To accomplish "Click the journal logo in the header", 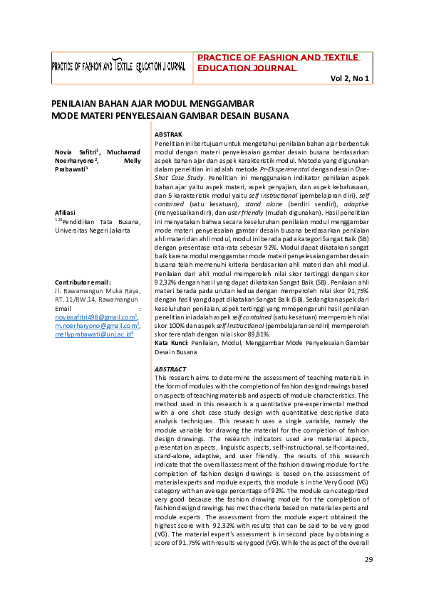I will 118,66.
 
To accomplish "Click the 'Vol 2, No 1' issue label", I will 349,78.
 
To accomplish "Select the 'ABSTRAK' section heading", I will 168,134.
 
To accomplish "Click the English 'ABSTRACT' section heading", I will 170,369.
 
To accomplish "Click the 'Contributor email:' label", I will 82,282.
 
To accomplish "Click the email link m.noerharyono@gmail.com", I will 95,325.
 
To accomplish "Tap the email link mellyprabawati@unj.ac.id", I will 93,334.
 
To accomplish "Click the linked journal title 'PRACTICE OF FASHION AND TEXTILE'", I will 278,57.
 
